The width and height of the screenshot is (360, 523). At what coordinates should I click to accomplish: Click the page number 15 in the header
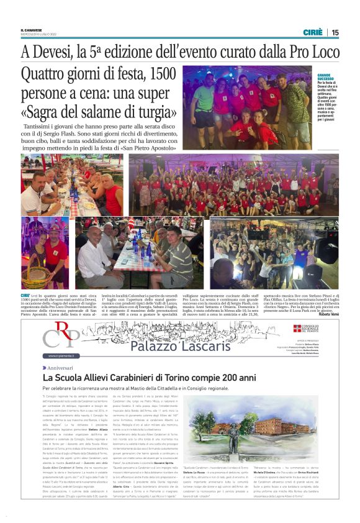click(335, 32)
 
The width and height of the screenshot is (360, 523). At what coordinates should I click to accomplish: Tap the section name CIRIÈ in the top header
click(312, 32)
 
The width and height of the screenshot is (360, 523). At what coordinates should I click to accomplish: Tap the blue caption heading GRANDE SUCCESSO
click(326, 78)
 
